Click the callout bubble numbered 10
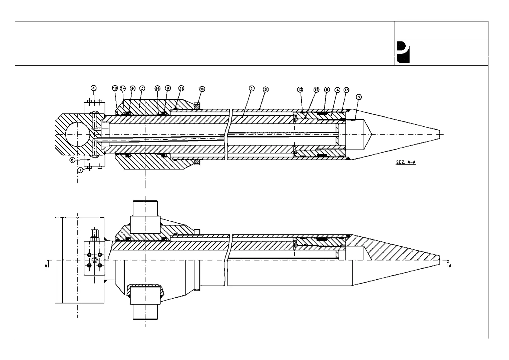click(115, 88)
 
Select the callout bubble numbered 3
click(142, 88)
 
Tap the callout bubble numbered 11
click(181, 88)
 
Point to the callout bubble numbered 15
click(202, 89)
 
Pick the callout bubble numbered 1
click(251, 88)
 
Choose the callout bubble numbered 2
click(265, 89)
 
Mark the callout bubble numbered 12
click(316, 90)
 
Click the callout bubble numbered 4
click(337, 90)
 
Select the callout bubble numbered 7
click(80, 170)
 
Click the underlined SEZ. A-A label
click(406, 163)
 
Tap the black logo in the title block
click(403, 52)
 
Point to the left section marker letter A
click(46, 266)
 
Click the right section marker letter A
click(450, 266)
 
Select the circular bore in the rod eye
click(77, 135)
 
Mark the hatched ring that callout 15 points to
click(196, 106)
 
